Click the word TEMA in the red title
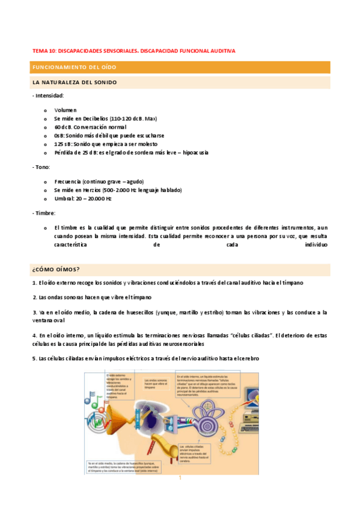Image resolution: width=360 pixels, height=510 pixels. (38, 51)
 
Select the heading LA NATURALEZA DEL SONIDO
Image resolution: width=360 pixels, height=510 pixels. (75, 82)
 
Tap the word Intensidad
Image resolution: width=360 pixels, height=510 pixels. (49, 96)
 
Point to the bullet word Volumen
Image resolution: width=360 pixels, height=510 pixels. (65, 110)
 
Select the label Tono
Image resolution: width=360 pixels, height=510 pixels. (42, 167)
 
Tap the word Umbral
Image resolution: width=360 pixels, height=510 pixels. (64, 198)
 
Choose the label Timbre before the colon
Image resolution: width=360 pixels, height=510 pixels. (44, 213)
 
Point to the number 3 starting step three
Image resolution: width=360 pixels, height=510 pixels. (35, 312)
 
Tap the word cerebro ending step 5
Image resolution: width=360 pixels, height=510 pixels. (247, 359)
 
